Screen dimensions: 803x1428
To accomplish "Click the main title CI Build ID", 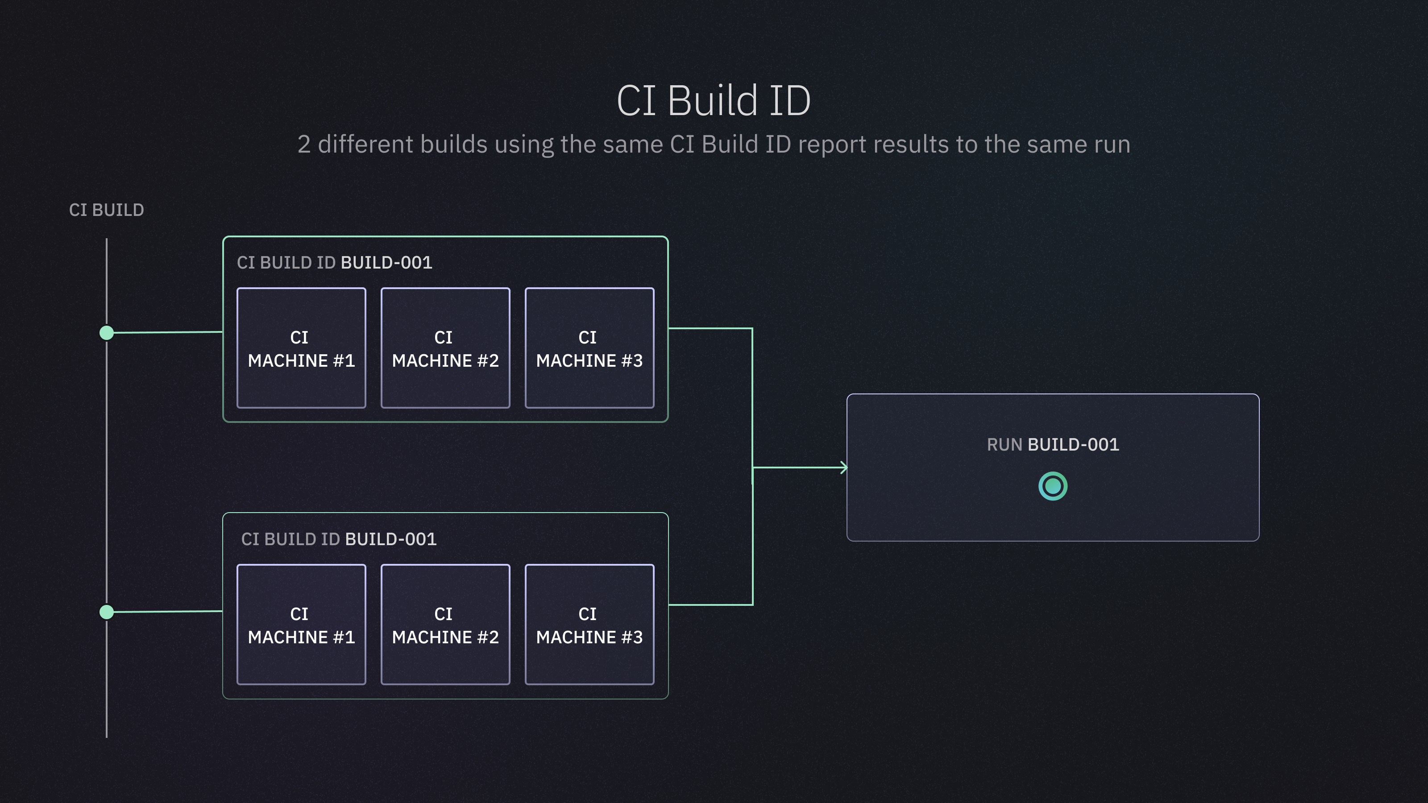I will (x=714, y=101).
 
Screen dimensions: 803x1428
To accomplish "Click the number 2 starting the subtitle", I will (x=304, y=145).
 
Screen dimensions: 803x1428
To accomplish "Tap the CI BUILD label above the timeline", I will (x=107, y=210).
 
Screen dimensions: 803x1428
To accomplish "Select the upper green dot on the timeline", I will (x=107, y=332).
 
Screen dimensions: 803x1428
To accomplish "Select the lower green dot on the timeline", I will (x=107, y=612).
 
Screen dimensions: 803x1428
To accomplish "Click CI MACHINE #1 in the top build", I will (x=301, y=348).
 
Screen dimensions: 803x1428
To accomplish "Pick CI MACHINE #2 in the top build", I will (x=445, y=348).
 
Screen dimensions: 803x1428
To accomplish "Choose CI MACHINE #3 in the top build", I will (x=589, y=348).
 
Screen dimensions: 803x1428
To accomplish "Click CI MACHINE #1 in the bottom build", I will (x=301, y=625).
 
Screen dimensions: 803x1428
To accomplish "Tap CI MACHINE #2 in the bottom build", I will (x=445, y=625).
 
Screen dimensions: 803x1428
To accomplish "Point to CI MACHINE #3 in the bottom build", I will (x=589, y=625).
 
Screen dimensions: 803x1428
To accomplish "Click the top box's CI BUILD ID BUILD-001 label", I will (x=334, y=263).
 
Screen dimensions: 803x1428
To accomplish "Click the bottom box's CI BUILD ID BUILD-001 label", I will (x=339, y=539).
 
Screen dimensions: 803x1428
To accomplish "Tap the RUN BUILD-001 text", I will (x=1053, y=444).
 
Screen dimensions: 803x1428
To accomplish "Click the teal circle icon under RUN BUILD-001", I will (x=1053, y=486).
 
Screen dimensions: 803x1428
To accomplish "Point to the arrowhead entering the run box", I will (x=844, y=468).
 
